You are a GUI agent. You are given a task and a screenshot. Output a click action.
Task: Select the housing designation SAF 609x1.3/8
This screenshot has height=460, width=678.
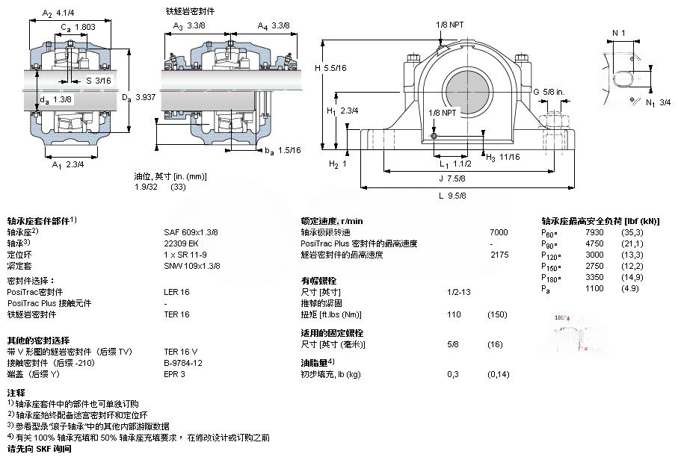191,232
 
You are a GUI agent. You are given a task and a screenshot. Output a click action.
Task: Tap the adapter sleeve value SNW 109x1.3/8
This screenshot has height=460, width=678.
192,266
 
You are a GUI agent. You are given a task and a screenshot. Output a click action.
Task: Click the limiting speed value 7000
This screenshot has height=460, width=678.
499,232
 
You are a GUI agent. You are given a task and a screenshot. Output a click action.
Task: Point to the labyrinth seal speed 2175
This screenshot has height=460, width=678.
499,255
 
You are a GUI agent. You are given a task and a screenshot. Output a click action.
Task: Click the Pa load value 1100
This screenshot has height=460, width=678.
594,288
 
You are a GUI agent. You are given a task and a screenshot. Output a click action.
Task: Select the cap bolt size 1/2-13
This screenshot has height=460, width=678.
458,292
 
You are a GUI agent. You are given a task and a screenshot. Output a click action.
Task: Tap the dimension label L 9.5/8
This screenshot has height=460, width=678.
453,196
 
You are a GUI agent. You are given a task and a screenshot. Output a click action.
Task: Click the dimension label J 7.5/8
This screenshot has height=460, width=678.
453,178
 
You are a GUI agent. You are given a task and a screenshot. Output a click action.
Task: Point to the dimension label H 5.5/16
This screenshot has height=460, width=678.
330,69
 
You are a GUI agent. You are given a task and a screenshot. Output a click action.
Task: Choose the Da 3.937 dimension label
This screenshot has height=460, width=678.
138,96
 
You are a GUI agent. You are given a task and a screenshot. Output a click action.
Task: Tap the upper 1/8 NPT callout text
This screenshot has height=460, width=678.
450,24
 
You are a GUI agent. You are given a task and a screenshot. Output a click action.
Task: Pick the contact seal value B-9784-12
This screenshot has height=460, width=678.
184,363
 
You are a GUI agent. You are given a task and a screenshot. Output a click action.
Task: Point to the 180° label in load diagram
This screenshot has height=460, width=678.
561,317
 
